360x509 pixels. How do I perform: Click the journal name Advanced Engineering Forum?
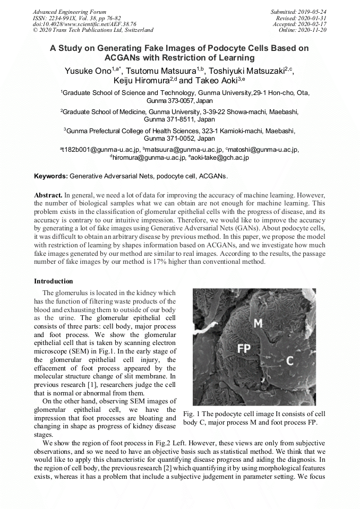(70, 12)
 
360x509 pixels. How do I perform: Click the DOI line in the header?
(84, 24)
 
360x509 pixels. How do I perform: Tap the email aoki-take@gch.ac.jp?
(219, 158)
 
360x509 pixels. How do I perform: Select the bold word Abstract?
(48, 195)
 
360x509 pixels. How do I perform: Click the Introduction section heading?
(54, 281)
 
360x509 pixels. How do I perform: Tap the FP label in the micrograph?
(244, 348)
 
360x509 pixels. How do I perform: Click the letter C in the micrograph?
(289, 361)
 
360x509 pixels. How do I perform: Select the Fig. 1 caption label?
(192, 413)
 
